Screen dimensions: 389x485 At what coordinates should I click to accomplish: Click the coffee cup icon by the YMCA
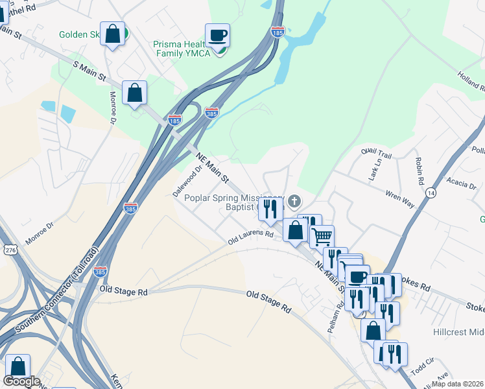click(218, 36)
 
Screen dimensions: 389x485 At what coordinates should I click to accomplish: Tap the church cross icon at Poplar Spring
click(294, 201)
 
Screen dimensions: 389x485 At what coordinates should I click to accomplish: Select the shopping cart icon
click(322, 235)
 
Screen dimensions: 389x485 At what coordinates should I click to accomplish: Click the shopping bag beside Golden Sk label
click(113, 34)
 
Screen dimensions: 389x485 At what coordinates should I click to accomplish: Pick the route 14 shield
click(431, 193)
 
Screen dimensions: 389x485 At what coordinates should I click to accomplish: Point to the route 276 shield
click(9, 250)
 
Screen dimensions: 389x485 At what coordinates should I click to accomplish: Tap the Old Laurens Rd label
click(250, 239)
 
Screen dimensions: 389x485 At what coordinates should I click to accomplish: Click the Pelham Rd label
click(335, 318)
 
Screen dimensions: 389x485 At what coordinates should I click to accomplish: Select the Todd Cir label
click(421, 369)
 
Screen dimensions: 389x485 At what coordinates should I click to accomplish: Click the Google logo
click(21, 382)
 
